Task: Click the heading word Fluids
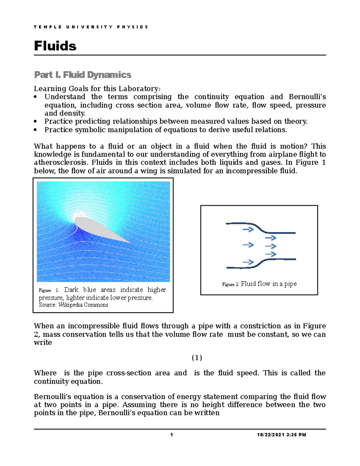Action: [55, 46]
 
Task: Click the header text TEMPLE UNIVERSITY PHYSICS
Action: [91, 27]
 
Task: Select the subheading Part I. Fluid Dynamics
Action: [82, 75]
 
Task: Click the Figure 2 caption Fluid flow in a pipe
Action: [268, 284]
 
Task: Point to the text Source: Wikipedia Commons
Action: [73, 305]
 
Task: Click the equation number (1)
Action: [197, 358]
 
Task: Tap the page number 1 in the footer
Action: [172, 435]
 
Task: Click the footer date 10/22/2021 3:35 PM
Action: [281, 435]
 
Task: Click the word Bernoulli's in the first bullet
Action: [307, 97]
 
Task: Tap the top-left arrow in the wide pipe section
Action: [248, 230]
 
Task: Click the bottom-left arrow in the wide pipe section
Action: [248, 262]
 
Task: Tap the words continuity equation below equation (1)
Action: [68, 381]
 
